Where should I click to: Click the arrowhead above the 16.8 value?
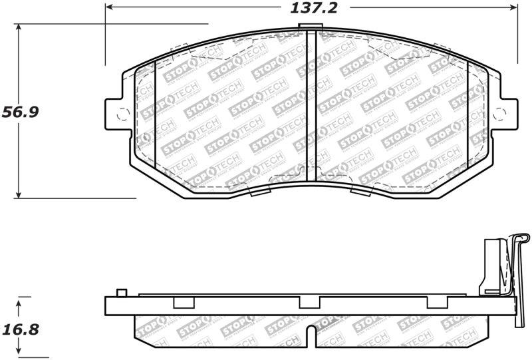(x=19, y=301)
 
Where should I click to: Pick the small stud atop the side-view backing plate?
(x=120, y=293)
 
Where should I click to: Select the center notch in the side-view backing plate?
(x=309, y=303)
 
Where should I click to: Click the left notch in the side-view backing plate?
(x=182, y=303)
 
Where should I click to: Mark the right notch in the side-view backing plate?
(x=436, y=303)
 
